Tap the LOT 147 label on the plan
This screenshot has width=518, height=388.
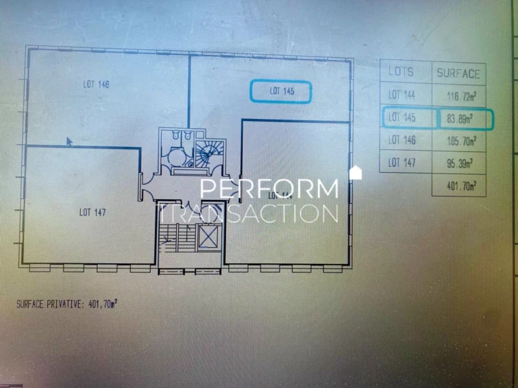pyautogui.click(x=93, y=211)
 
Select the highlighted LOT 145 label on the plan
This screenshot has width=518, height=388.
pyautogui.click(x=282, y=92)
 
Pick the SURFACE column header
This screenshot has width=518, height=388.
pyautogui.click(x=458, y=73)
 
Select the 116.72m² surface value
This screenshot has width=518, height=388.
pyautogui.click(x=461, y=97)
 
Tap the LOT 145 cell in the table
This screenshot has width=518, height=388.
pyautogui.click(x=402, y=118)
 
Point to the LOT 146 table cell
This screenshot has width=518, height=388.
pyautogui.click(x=402, y=140)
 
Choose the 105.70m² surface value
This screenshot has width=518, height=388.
pyautogui.click(x=461, y=140)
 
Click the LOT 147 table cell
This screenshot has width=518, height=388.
pyautogui.click(x=402, y=162)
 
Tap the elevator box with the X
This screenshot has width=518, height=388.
pyautogui.click(x=208, y=238)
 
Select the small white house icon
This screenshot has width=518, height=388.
pyautogui.click(x=355, y=173)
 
